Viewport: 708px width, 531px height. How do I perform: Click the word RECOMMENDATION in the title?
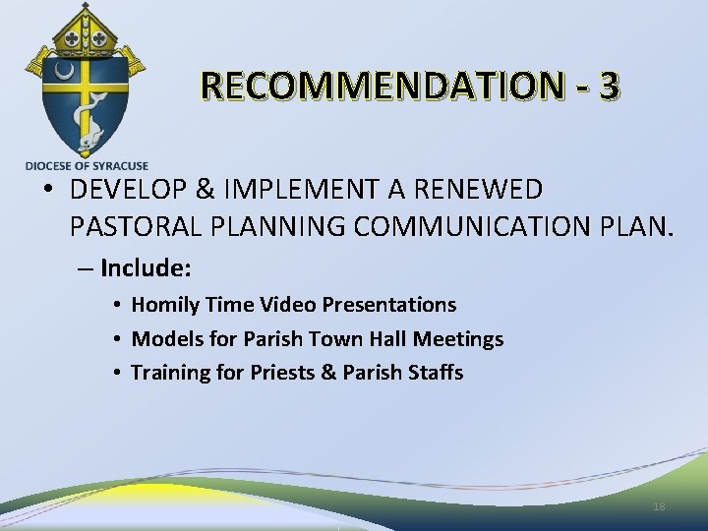tap(381, 88)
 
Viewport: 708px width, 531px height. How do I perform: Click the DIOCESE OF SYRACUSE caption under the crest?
tap(87, 166)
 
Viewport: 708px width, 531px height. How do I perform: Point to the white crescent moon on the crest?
tap(64, 72)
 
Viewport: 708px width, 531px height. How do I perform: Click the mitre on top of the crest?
tap(86, 29)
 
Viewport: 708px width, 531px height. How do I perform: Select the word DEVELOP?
tap(123, 189)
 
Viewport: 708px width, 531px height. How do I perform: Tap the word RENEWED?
tap(486, 189)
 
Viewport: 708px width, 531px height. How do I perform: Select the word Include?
tap(145, 267)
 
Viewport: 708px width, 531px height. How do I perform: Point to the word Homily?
tap(165, 306)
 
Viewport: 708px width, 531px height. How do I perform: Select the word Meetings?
tap(458, 339)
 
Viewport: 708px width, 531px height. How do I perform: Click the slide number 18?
tap(659, 506)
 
